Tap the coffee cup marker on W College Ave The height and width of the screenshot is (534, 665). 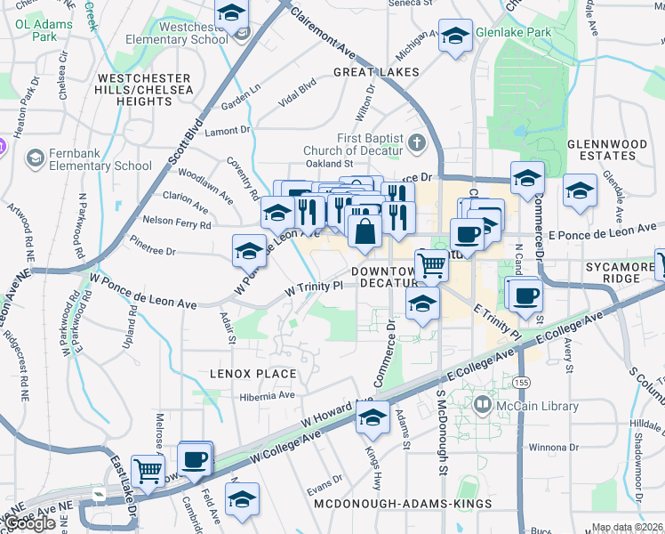[x=194, y=459]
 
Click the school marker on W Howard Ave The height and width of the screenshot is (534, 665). [x=373, y=416]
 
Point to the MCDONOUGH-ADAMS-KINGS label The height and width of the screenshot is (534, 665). [x=403, y=504]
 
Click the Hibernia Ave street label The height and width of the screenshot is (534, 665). [x=265, y=395]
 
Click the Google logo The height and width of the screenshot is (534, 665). [x=30, y=524]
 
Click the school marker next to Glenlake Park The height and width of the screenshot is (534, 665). [x=455, y=36]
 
